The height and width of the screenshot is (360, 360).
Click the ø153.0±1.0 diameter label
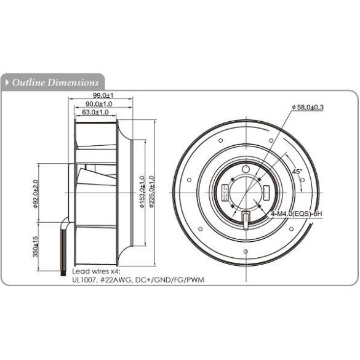[143, 194]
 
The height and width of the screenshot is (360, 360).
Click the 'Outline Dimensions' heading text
[55, 82]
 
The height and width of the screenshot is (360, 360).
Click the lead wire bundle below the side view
[63, 246]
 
